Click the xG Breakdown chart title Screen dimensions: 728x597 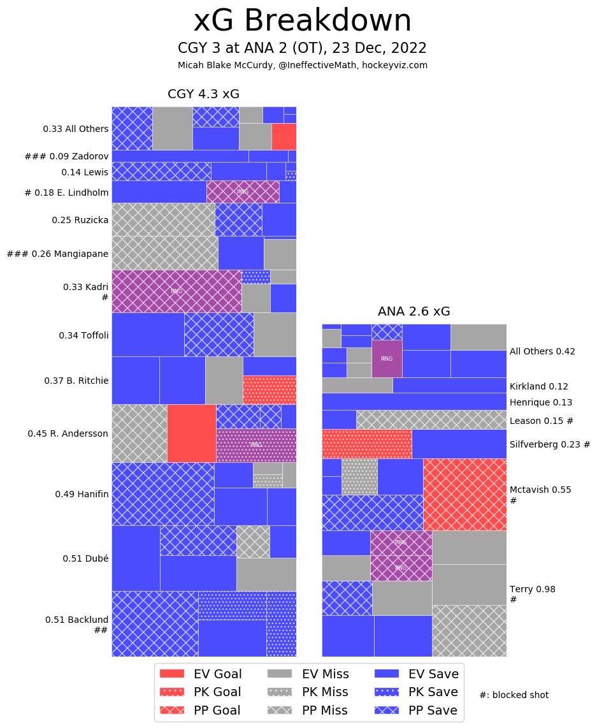303,21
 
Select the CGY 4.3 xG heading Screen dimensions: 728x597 203,94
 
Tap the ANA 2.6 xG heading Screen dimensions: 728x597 414,312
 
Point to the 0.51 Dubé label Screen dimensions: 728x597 85,558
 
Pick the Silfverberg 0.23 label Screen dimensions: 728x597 550,444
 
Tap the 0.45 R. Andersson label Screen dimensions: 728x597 68,433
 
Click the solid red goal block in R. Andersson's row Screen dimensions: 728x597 191,433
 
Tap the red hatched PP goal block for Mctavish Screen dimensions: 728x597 464,494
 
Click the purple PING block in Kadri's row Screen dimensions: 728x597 176,291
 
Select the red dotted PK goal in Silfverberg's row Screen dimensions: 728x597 366,444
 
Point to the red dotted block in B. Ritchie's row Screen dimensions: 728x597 269,389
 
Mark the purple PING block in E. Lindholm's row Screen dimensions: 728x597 243,191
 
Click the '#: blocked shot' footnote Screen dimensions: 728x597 514,695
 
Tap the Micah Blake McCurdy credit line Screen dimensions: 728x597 303,65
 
